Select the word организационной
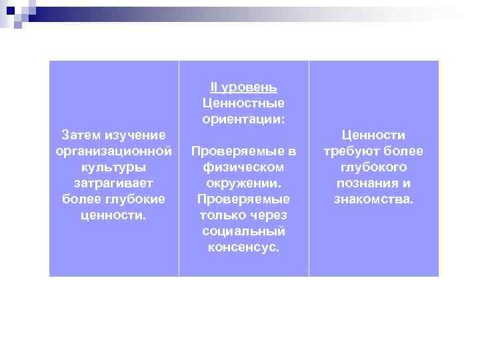coord(113,151)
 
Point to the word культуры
coord(113,167)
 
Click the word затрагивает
coord(113,183)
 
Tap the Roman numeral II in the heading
coord(213,87)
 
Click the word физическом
coord(243,167)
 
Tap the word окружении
coord(243,183)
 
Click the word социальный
coord(243,231)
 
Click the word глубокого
coord(373,167)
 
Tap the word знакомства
coord(373,199)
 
